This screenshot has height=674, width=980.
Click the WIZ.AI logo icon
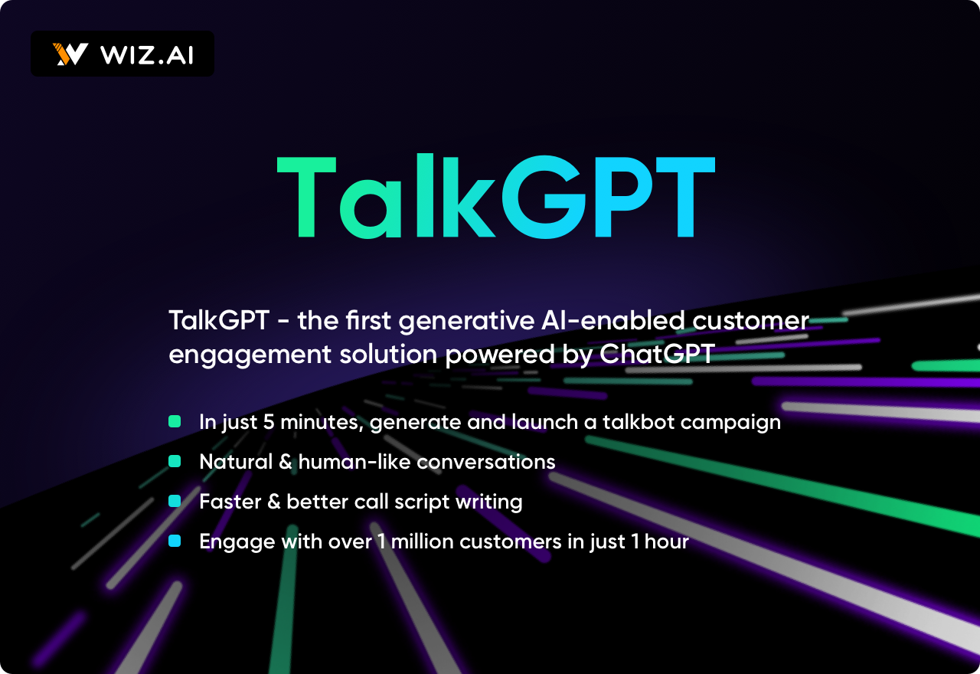[70, 54]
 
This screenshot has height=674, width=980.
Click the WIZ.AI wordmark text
[147, 54]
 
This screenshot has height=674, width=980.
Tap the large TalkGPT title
[495, 198]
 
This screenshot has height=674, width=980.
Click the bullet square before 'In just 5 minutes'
[175, 421]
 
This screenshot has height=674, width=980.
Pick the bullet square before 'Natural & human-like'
[175, 461]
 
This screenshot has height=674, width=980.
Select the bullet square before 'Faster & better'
[175, 501]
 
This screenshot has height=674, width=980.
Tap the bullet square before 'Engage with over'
[175, 541]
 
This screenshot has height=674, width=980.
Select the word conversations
[486, 462]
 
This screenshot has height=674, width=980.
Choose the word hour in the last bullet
[666, 541]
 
